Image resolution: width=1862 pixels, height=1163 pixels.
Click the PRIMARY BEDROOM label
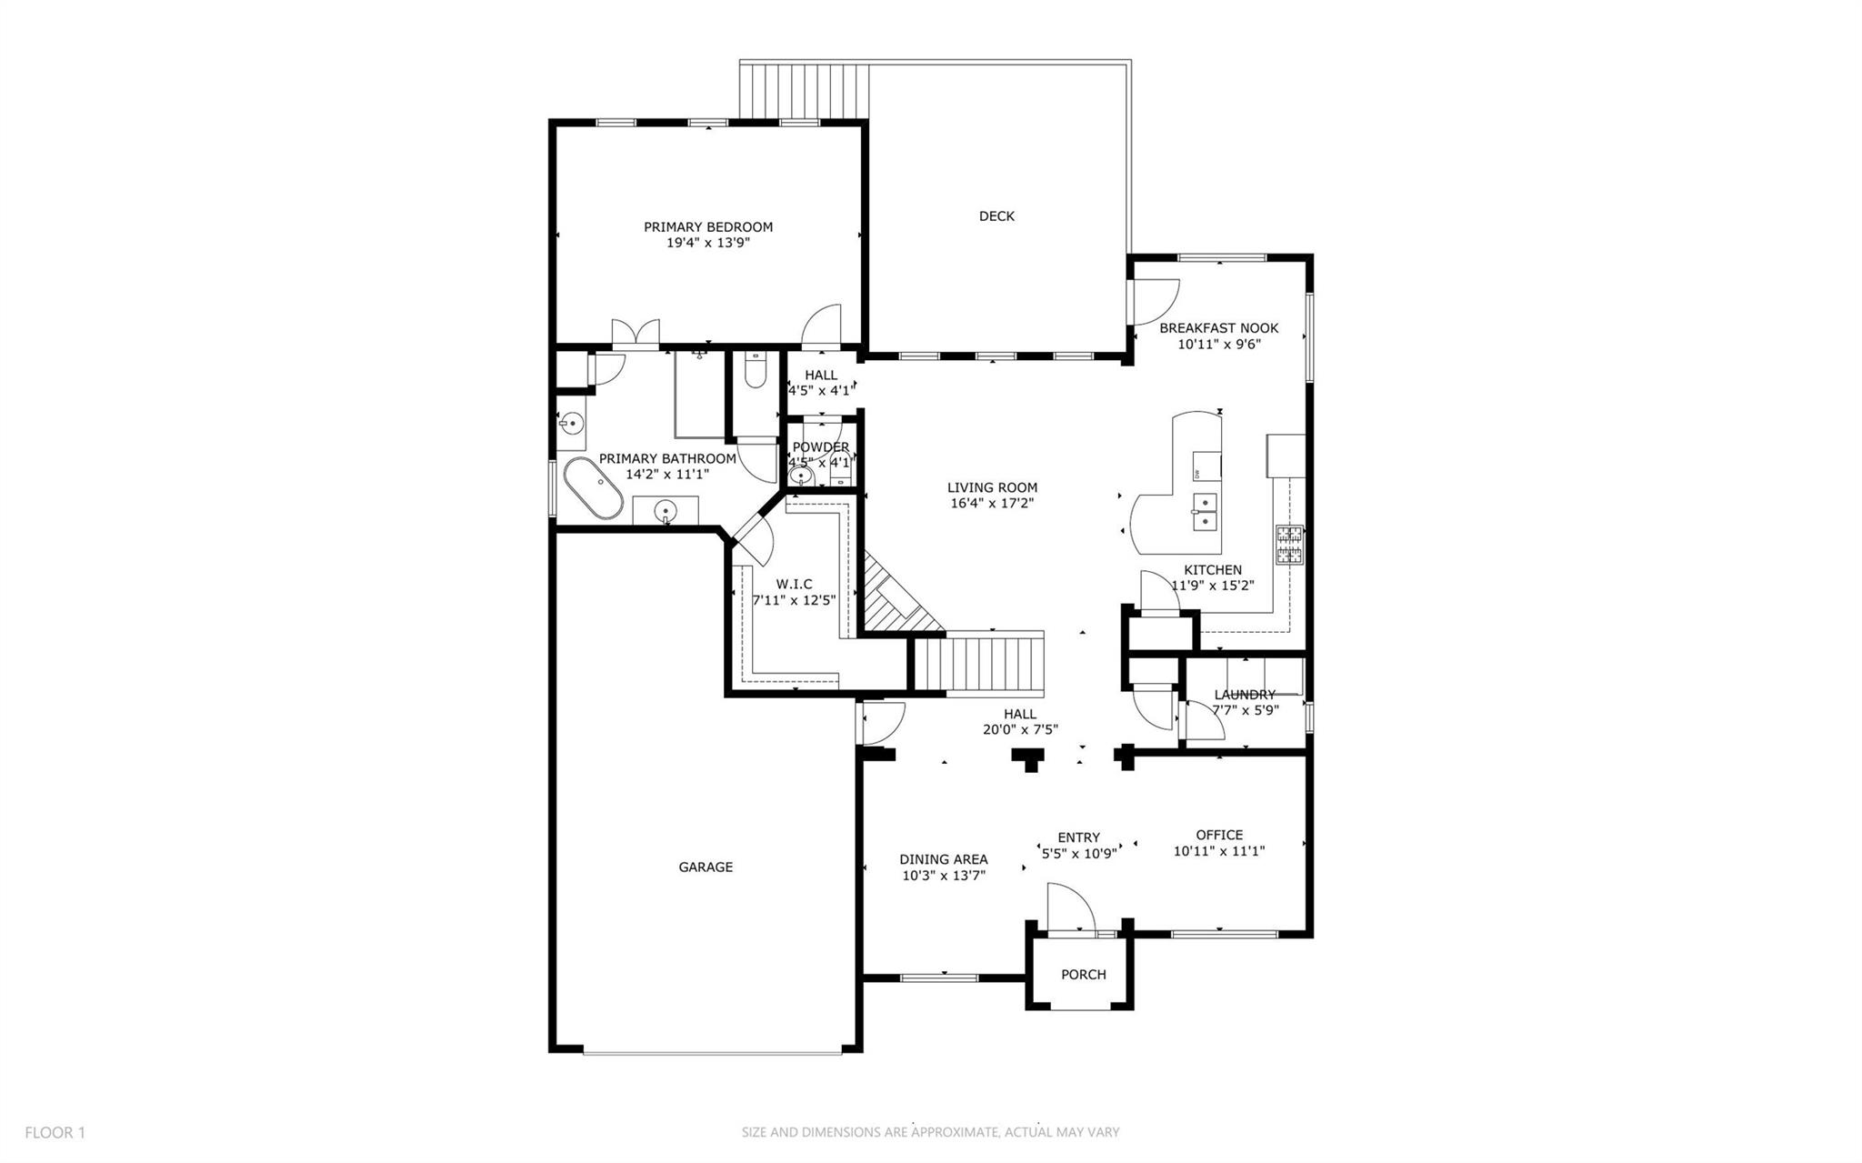[x=708, y=227]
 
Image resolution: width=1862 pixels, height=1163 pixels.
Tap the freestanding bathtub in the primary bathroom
[x=593, y=490]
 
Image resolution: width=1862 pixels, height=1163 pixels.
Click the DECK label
[x=996, y=216]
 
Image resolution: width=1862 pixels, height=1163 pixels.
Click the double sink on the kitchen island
[x=1205, y=512]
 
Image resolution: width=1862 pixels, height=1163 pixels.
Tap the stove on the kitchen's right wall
[x=1289, y=545]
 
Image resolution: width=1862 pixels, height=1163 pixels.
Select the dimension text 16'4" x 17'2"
[x=992, y=503]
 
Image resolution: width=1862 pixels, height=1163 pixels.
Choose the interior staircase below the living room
[x=977, y=665]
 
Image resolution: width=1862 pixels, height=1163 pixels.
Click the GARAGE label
[x=706, y=867]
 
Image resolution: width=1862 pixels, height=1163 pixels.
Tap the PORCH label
[x=1084, y=975]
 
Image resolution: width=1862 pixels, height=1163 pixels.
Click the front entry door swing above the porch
[x=1068, y=907]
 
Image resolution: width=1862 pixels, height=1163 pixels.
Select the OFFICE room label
[x=1219, y=835]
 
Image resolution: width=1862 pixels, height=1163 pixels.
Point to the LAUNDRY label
[x=1245, y=695]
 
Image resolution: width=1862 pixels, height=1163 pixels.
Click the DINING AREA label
[x=944, y=859]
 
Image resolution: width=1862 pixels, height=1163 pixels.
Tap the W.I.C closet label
[x=794, y=584]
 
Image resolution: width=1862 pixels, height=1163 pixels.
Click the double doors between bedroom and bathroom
[x=635, y=335]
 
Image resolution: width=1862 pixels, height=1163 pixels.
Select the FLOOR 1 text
[x=55, y=1132]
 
